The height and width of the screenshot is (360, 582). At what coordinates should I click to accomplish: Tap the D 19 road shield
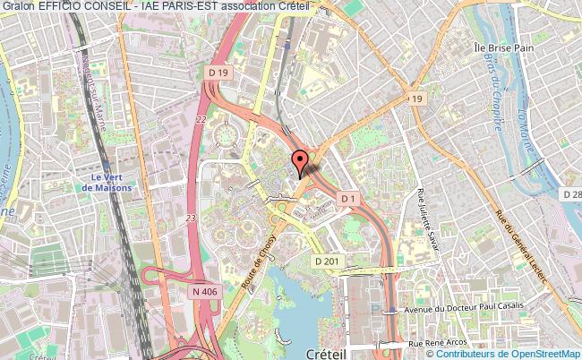(218, 72)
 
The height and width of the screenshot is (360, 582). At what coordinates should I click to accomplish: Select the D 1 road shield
(348, 198)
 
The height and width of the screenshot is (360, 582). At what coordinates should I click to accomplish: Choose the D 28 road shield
(572, 194)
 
